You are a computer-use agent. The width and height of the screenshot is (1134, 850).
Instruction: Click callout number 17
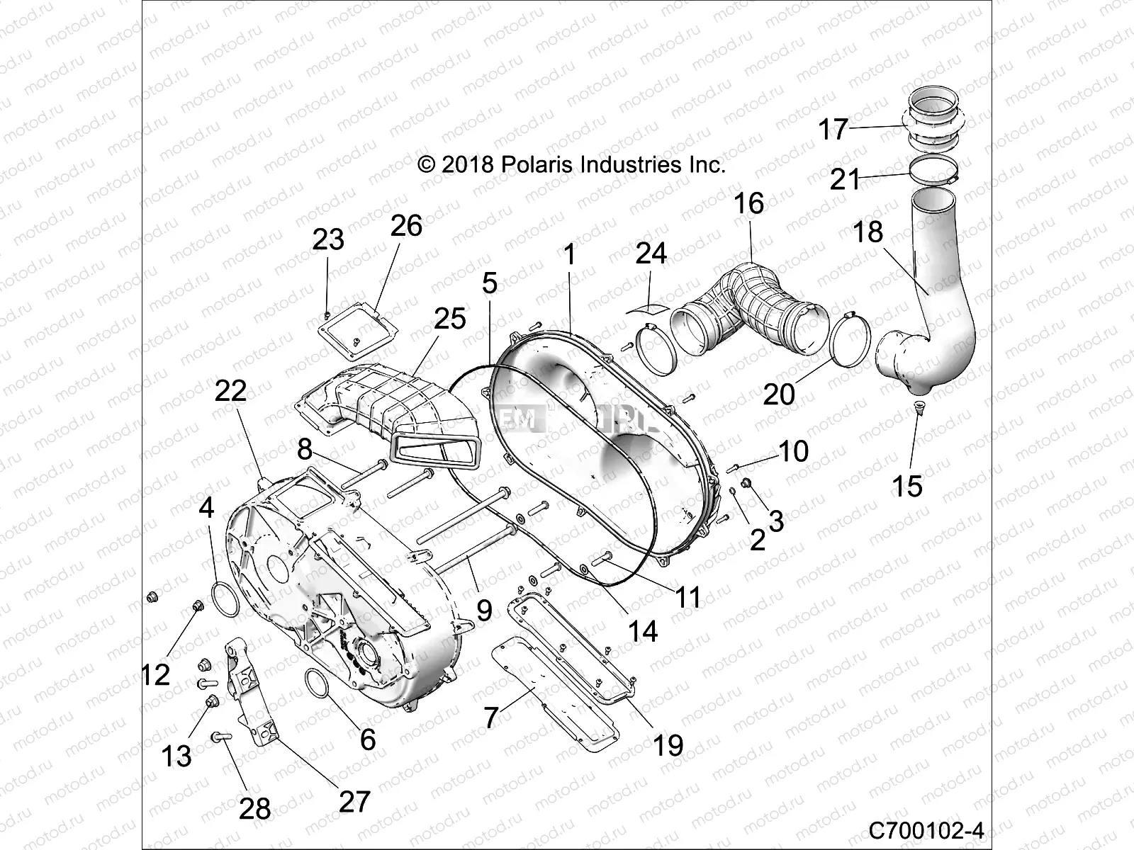click(833, 130)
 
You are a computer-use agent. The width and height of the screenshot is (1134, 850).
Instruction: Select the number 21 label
click(845, 179)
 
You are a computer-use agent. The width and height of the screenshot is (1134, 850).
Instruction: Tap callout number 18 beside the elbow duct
click(868, 232)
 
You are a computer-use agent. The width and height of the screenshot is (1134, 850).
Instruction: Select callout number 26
click(405, 225)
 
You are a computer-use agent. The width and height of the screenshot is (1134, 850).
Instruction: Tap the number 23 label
click(328, 239)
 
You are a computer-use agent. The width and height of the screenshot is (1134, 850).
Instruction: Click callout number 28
click(254, 807)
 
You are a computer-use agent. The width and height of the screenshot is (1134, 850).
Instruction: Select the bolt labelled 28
click(220, 738)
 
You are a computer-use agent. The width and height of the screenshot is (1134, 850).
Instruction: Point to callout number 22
click(230, 391)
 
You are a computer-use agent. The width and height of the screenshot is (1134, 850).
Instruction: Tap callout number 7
click(492, 717)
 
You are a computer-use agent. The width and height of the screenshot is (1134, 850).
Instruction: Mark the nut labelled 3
click(746, 483)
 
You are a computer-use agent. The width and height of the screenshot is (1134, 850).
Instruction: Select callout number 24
click(651, 253)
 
